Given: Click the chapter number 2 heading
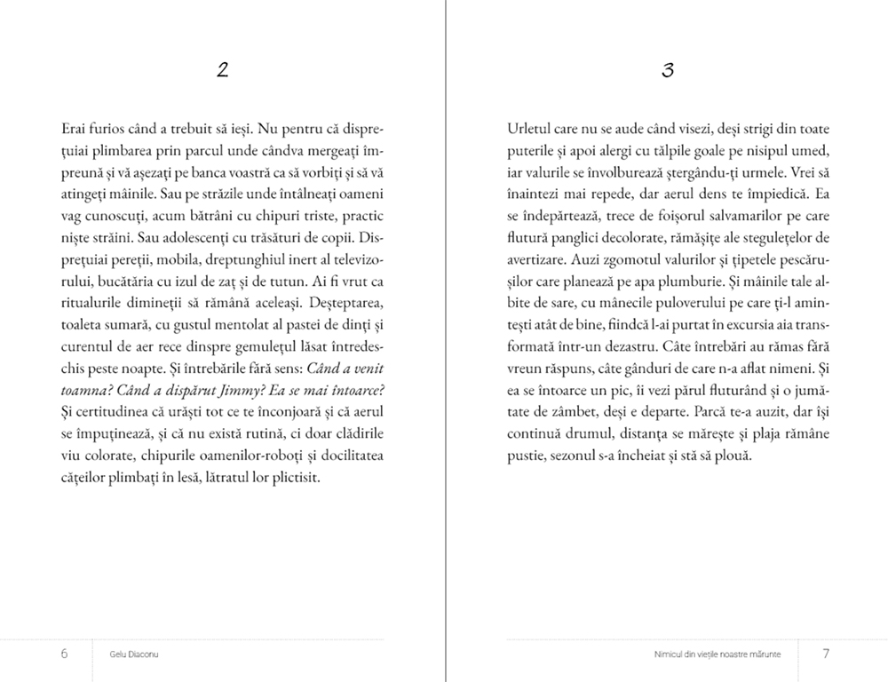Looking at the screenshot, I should tap(223, 71).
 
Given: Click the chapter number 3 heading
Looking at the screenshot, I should tap(668, 71).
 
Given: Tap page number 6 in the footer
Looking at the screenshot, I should tap(65, 654).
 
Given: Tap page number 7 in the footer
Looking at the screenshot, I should tap(826, 654).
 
